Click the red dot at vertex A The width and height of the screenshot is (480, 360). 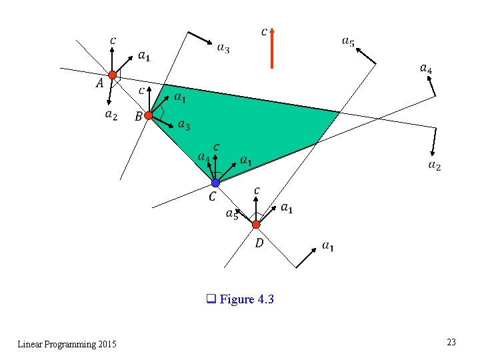(113, 75)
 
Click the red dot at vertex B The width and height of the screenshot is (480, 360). (149, 115)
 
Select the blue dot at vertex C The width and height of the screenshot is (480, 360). (215, 182)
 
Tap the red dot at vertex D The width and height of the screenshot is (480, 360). (256, 224)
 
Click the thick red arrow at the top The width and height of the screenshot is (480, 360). (272, 48)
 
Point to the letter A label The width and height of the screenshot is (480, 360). (99, 83)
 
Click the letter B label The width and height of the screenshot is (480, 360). (138, 117)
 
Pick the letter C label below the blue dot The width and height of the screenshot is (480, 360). (212, 196)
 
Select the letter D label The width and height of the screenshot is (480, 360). (259, 243)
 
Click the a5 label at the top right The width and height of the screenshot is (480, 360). (348, 42)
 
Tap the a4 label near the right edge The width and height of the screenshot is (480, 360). (425, 68)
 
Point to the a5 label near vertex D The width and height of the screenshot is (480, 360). (232, 213)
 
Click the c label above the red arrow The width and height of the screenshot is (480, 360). (265, 31)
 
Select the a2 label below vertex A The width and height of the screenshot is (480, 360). (111, 115)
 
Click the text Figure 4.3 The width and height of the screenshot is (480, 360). (246, 299)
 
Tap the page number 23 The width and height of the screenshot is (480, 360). (451, 342)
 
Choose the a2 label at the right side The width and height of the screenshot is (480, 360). (434, 165)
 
